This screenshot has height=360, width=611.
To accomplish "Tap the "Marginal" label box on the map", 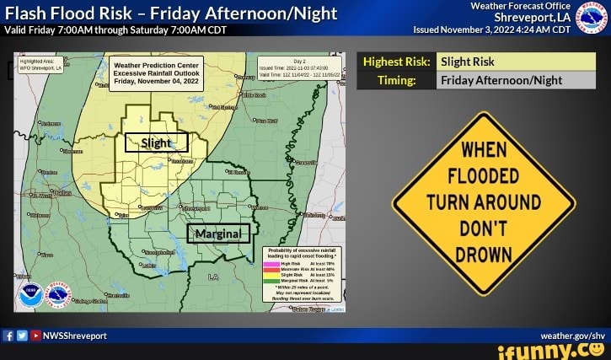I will click(217, 233).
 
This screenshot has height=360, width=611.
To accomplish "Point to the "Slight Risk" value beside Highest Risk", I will click(469, 62).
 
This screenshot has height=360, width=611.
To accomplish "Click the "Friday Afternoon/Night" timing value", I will click(501, 81).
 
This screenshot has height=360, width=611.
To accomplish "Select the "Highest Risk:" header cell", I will click(397, 62).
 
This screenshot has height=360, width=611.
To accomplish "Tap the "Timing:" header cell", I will click(397, 81).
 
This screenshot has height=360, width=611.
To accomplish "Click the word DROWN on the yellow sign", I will click(484, 254).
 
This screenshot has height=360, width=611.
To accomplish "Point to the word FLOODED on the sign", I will click(484, 176).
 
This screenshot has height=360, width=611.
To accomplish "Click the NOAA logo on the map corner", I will click(29, 295).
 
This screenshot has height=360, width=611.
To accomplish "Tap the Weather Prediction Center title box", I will click(156, 73).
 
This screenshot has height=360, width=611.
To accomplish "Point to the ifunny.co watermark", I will click(552, 350).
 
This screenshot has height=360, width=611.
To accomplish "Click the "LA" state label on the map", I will click(212, 277).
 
